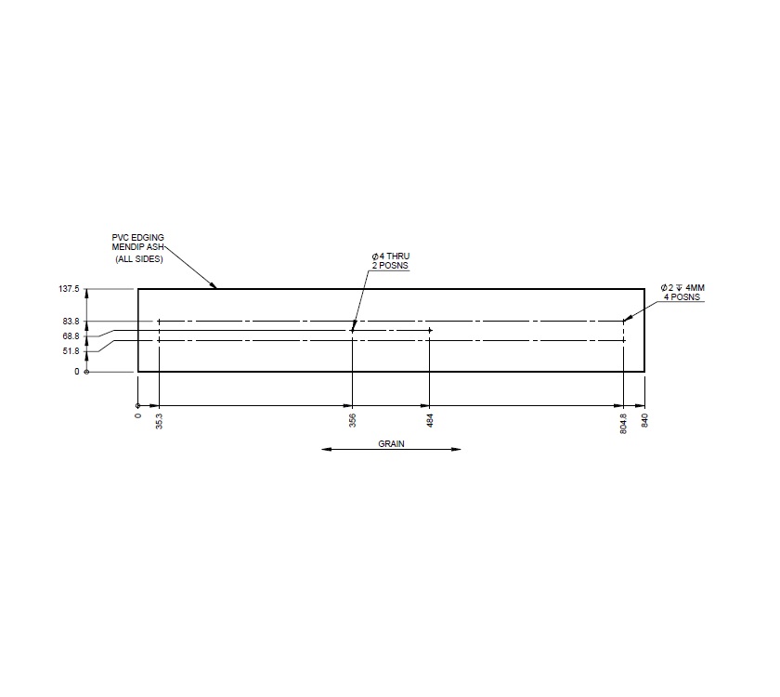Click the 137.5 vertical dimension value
70,289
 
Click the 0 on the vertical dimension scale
77,372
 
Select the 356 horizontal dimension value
352,420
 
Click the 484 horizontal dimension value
430,420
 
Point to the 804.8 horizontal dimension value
624,424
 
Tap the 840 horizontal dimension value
644,420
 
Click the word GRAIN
391,443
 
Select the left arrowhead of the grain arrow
327,451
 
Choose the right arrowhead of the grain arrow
456,451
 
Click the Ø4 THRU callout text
390,256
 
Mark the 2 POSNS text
390,266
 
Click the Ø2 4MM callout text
682,288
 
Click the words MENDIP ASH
131,248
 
